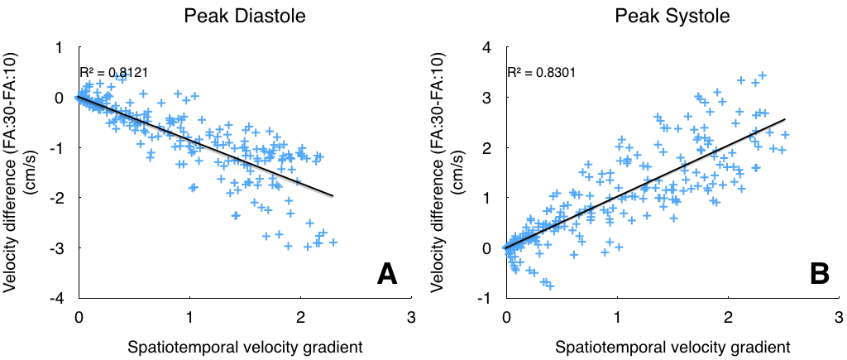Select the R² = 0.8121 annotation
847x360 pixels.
tap(113, 73)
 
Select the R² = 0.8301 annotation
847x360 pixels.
tap(542, 73)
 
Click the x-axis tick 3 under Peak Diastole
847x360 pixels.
tap(411, 316)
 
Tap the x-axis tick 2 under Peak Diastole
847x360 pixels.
tap(300, 316)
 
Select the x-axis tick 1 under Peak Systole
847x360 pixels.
tap(617, 316)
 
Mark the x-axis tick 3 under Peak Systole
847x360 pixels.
tap(839, 316)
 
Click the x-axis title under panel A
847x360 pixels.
tap(244, 345)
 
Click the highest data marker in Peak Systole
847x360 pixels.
tap(763, 75)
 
